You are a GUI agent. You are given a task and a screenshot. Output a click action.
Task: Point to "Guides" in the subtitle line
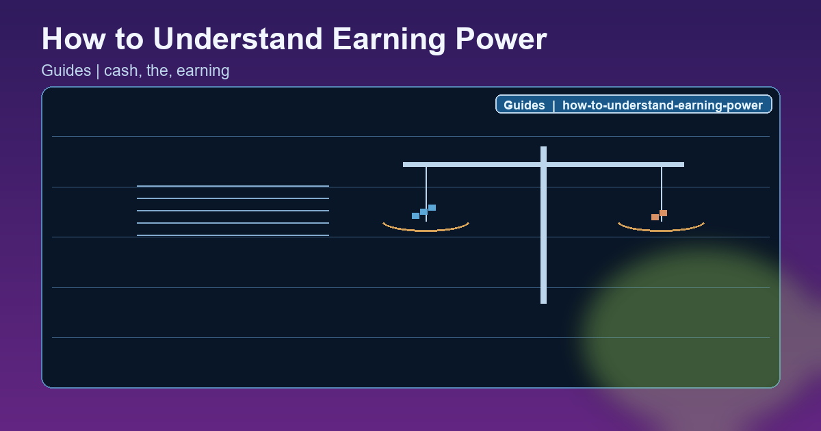[66, 70]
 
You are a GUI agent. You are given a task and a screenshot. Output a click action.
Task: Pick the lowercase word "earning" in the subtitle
[203, 70]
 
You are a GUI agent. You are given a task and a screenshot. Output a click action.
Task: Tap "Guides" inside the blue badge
[524, 105]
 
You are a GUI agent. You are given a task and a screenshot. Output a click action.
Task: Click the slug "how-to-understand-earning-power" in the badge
[662, 105]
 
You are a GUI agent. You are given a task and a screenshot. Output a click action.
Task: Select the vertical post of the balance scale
[543, 260]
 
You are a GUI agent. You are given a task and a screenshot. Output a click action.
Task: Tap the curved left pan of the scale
[426, 230]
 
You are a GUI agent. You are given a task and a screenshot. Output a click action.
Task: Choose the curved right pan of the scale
[661, 230]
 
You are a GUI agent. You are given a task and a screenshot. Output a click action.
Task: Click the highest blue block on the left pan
[432, 207]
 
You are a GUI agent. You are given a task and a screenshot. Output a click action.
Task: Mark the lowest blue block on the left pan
[415, 215]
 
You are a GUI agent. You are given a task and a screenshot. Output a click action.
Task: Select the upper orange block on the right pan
[663, 213]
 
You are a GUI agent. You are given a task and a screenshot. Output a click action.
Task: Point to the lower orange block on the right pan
[655, 217]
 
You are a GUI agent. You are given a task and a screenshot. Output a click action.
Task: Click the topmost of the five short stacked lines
[233, 186]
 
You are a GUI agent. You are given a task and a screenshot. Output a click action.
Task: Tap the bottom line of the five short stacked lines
[233, 235]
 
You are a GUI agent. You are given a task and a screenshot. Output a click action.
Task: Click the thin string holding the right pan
[662, 188]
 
